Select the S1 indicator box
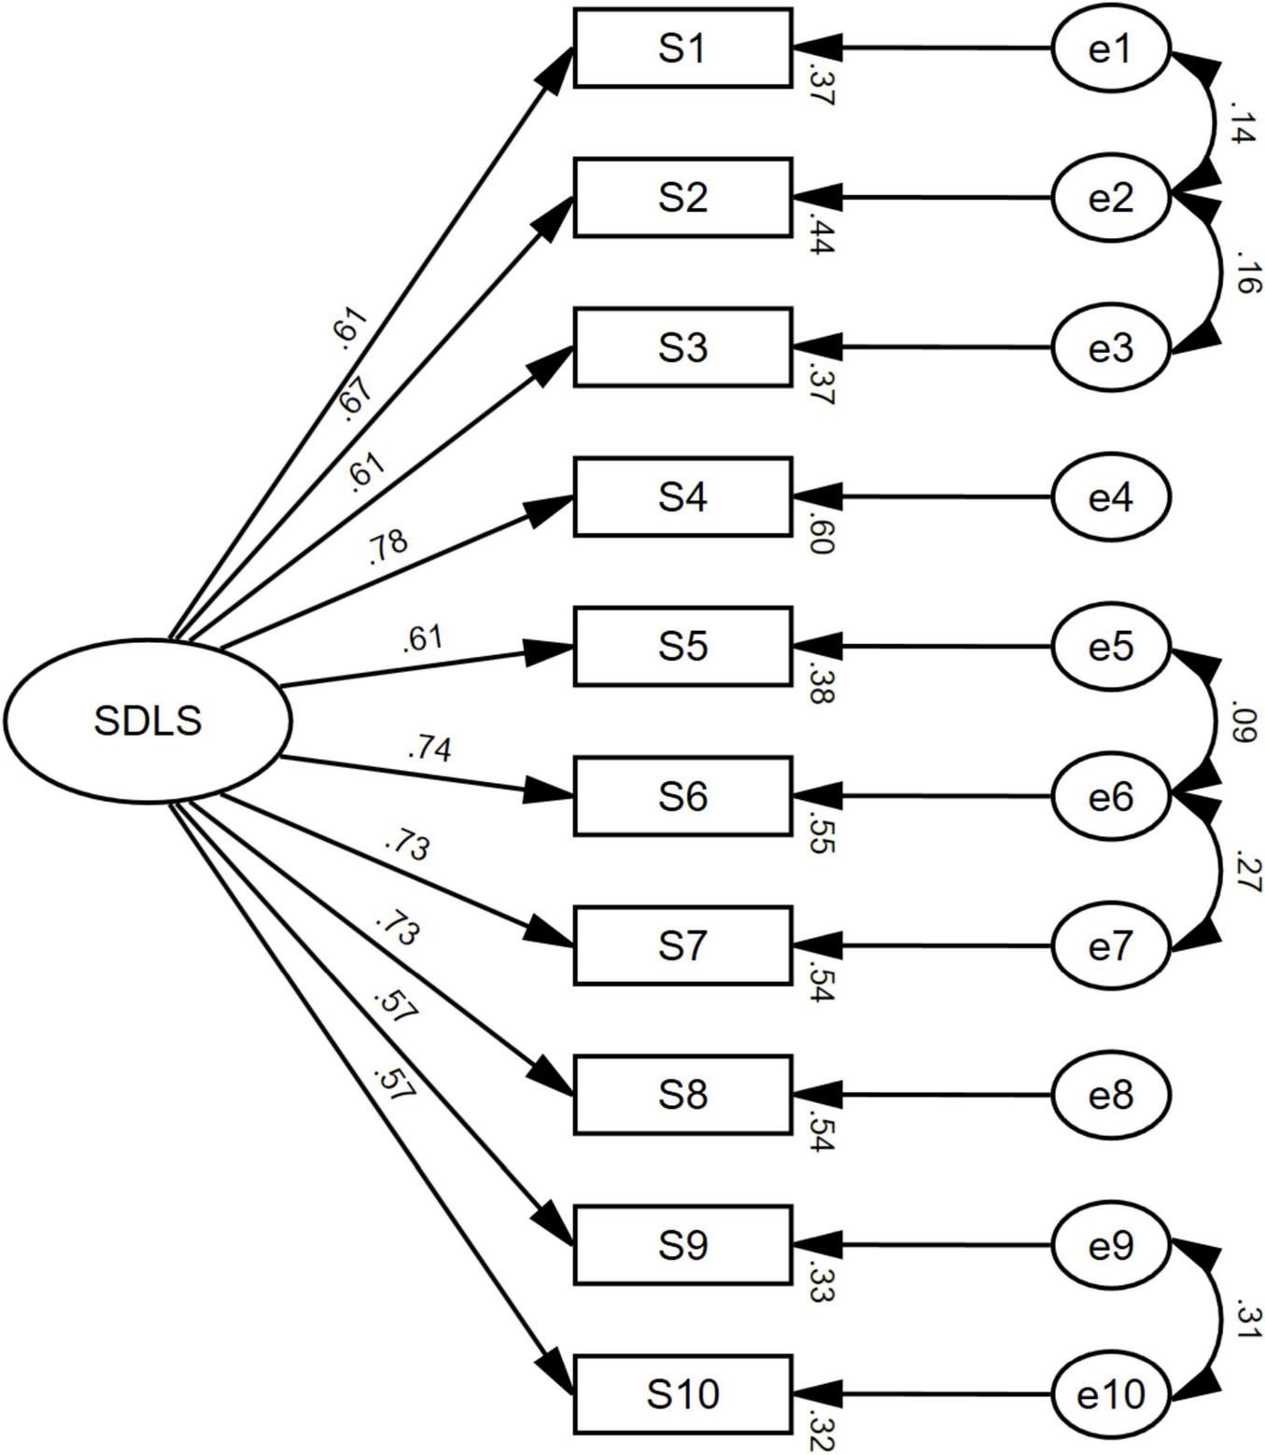(x=682, y=49)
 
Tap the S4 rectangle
(x=682, y=497)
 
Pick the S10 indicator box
(x=682, y=1394)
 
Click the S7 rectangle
(x=682, y=945)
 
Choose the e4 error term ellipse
(x=1110, y=497)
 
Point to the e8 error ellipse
(x=1110, y=1095)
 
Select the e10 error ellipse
(x=1110, y=1394)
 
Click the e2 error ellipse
(x=1110, y=198)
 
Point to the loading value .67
(x=356, y=399)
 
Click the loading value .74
(x=429, y=748)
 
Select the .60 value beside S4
(x=820, y=533)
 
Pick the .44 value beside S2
(x=820, y=234)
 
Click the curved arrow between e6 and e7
(x=1219, y=871)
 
